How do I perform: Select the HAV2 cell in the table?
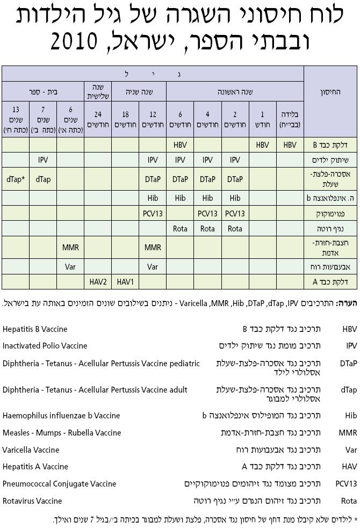click(98, 281)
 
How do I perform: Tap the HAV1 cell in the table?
click(125, 281)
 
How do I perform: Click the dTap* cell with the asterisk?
click(15, 179)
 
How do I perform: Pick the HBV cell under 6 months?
click(180, 145)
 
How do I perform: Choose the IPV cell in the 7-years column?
click(44, 160)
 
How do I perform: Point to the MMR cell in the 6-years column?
click(70, 248)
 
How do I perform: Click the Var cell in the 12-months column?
click(153, 266)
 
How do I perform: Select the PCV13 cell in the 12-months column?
click(153, 213)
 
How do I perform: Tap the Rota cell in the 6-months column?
click(180, 228)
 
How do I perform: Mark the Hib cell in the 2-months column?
click(235, 198)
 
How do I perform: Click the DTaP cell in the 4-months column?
click(207, 179)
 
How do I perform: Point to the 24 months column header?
click(98, 119)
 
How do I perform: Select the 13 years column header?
click(15, 119)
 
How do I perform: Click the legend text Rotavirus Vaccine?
click(32, 501)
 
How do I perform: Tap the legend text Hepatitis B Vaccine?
click(35, 329)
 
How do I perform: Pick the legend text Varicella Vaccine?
click(31, 449)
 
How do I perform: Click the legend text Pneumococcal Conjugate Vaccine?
click(59, 483)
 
